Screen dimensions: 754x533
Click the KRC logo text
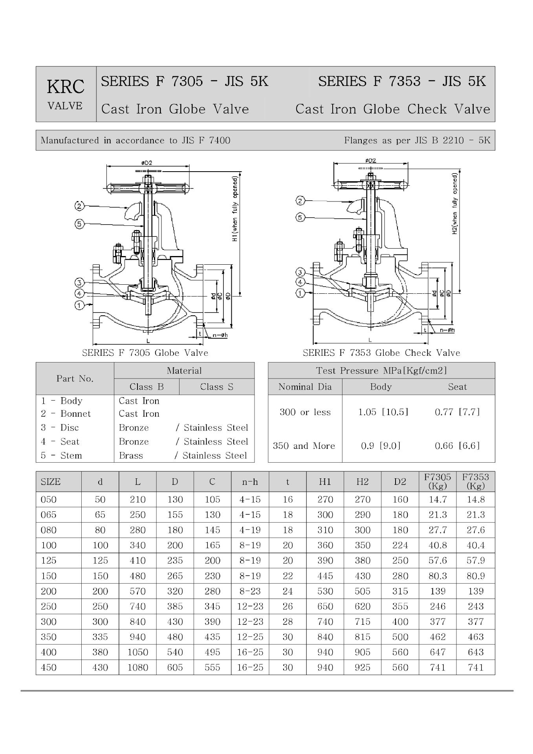pos(66,87)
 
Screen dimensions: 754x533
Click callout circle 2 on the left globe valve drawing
pos(79,206)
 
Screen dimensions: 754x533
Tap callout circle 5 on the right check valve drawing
pos(300,217)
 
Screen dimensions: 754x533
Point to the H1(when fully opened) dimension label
pos(235,209)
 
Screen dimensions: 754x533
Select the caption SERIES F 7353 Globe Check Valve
pos(381,353)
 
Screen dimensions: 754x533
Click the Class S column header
pos(216,387)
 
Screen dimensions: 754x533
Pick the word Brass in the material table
pos(131,456)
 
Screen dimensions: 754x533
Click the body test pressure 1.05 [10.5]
pos(383,412)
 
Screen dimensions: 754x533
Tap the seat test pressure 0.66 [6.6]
pos(457,446)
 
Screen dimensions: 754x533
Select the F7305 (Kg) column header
pos(438,481)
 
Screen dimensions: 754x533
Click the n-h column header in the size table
pos(250,482)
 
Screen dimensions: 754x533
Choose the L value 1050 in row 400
pos(137,652)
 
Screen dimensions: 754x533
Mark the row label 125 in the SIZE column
pos(49,560)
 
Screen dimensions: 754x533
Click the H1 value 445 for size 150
pos(325,576)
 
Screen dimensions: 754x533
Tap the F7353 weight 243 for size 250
pos(475,606)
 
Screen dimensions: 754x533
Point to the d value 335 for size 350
pos(100,637)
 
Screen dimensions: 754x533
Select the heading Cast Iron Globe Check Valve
pos(393,109)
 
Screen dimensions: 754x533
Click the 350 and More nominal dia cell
pos(304,446)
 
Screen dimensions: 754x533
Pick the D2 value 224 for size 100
pos(400,545)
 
